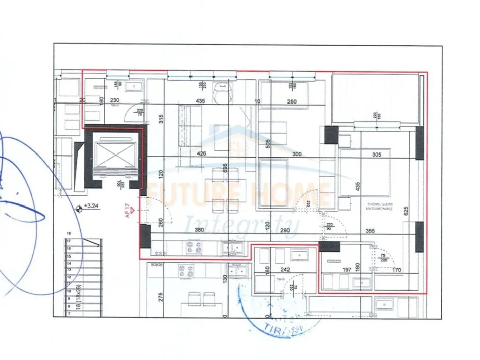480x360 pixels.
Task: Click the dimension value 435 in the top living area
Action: (200, 101)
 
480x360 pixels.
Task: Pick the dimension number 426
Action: (202, 155)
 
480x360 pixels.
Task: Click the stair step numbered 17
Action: (69, 242)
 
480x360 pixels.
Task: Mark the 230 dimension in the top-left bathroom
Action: (115, 100)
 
